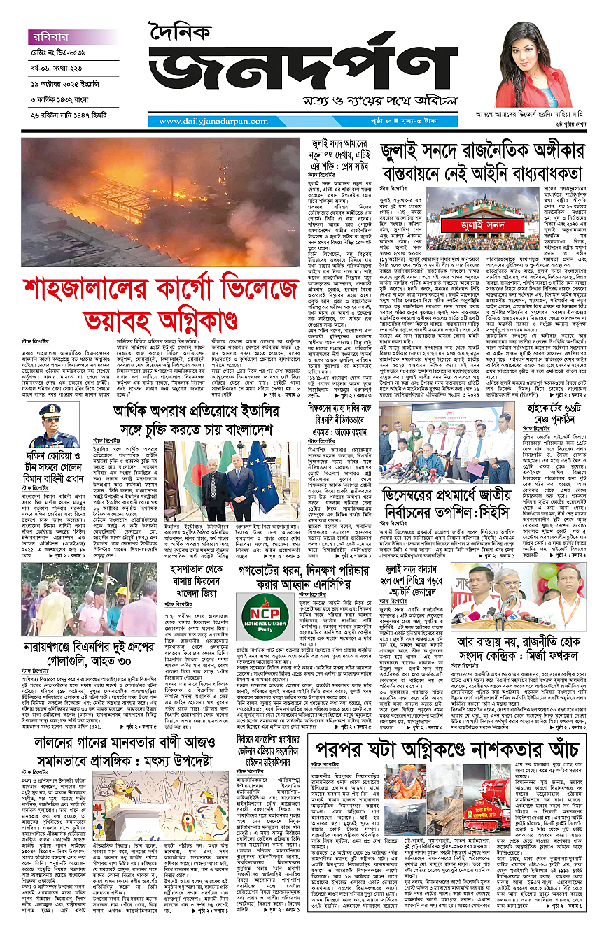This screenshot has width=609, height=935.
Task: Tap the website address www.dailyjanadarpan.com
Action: point(203,122)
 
